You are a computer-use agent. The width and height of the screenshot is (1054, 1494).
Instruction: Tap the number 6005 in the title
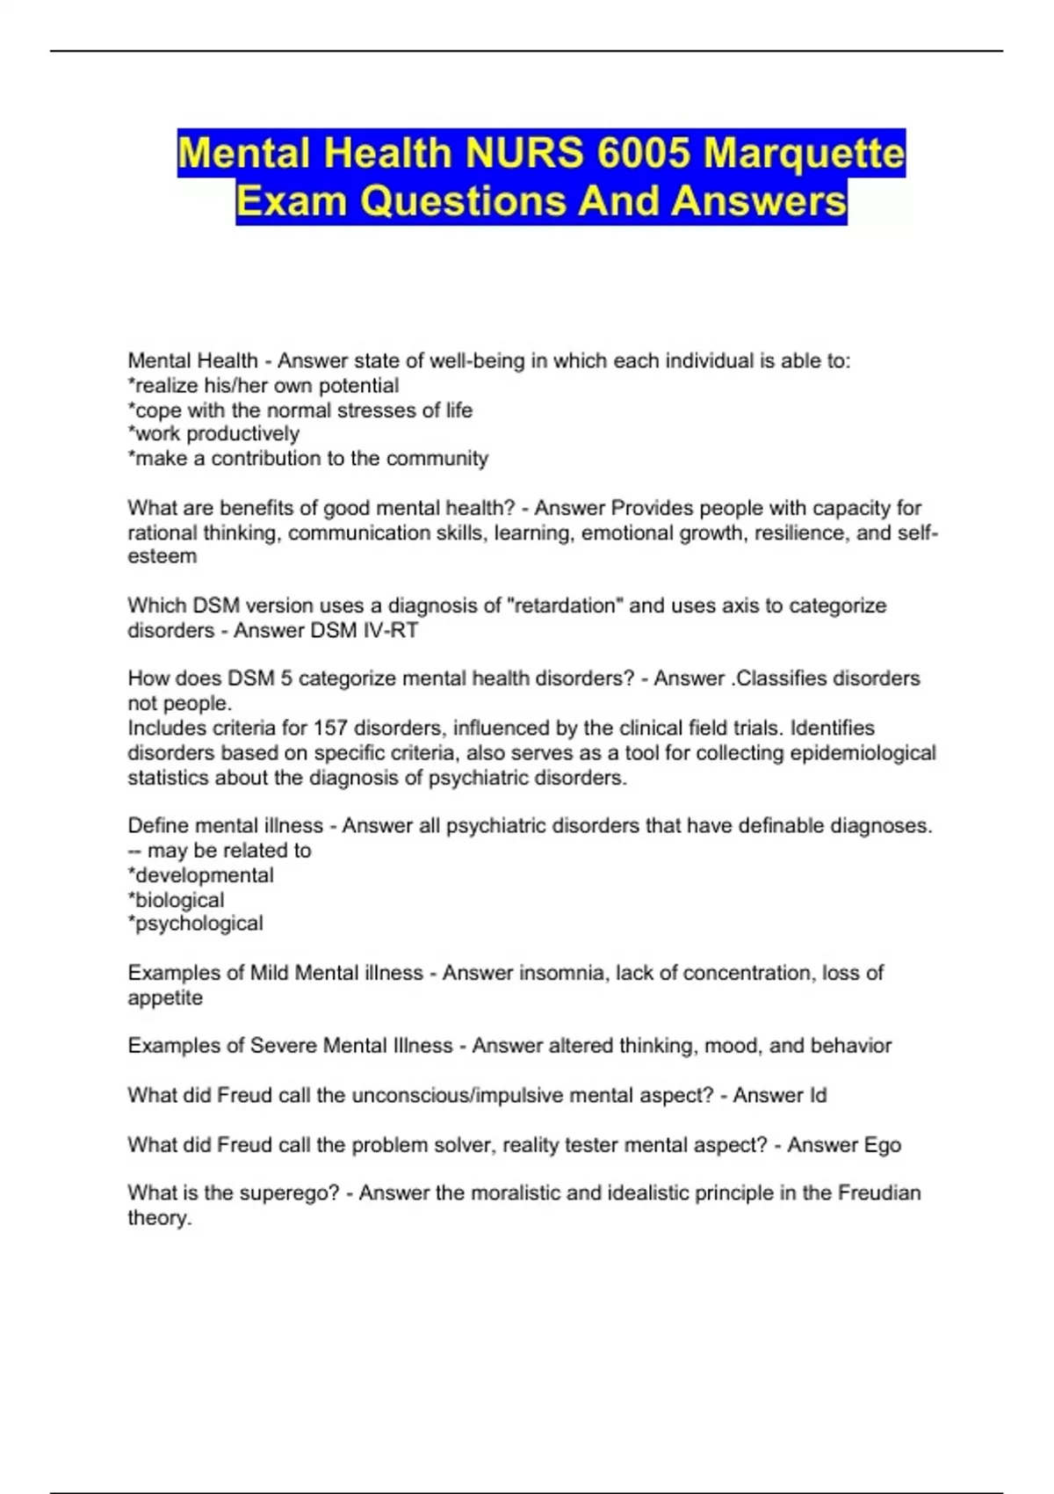click(x=643, y=154)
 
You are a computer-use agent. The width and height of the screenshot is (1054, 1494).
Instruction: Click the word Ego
click(x=882, y=1146)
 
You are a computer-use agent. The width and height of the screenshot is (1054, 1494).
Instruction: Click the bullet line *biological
click(x=176, y=900)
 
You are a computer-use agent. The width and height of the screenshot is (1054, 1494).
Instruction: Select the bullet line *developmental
click(x=200, y=875)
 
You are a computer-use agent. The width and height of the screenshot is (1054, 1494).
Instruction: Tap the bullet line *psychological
click(x=195, y=924)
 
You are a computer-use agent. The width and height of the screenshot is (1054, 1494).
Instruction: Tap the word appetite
click(x=165, y=998)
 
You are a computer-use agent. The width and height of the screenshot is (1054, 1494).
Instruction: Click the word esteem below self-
click(x=162, y=556)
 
